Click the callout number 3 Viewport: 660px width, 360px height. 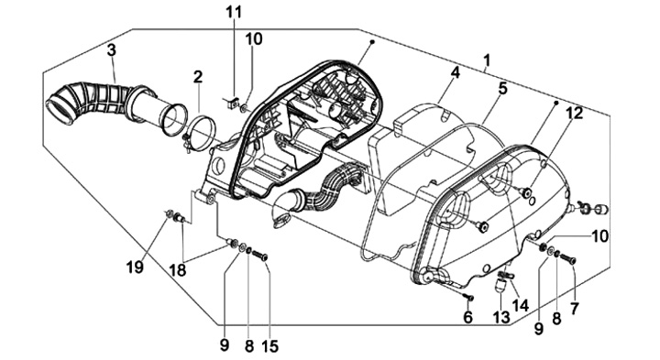click(111, 49)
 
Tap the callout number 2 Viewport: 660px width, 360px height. click(198, 77)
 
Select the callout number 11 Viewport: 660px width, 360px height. click(234, 12)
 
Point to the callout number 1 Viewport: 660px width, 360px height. click(487, 60)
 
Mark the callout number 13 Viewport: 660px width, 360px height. click(501, 318)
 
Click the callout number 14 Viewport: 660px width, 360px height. click(521, 305)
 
